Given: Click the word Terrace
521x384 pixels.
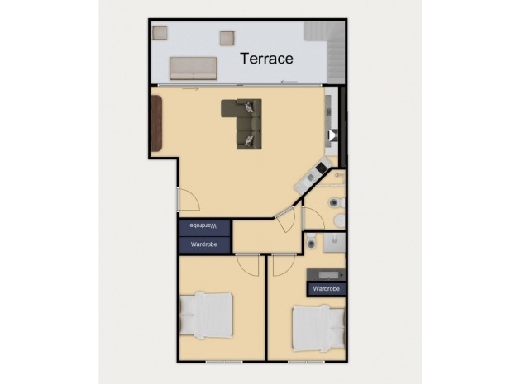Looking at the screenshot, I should (x=267, y=59).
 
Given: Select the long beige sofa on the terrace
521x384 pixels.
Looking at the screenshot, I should (x=194, y=69).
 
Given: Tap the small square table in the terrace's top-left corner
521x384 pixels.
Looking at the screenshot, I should (x=160, y=32).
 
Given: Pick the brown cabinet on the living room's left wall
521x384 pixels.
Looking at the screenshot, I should (x=157, y=122).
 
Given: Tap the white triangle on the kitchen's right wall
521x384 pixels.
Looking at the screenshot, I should (x=332, y=135).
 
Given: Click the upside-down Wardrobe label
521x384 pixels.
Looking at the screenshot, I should (x=203, y=225).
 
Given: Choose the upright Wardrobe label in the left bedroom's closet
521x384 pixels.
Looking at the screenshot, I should (x=203, y=244).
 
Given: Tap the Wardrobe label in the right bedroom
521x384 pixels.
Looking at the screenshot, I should (x=327, y=289).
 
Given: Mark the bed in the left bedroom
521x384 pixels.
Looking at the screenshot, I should (x=206, y=314).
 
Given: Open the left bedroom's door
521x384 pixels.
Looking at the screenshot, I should (x=246, y=263).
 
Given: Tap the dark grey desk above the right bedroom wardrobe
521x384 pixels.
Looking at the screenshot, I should (x=326, y=274).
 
